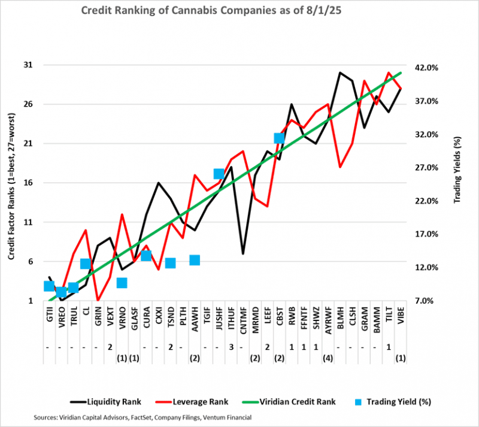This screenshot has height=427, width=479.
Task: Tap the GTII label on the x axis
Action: [50, 317]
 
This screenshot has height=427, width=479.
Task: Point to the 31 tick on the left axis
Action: [28, 65]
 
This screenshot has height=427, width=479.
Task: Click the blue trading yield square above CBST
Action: [279, 138]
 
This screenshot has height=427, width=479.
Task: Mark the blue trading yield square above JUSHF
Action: [219, 174]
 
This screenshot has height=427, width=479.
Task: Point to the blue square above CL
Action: [86, 264]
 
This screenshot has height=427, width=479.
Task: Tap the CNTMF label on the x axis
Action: [243, 319]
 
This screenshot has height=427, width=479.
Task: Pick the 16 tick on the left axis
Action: [28, 183]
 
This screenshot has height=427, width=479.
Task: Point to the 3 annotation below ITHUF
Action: [231, 347]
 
